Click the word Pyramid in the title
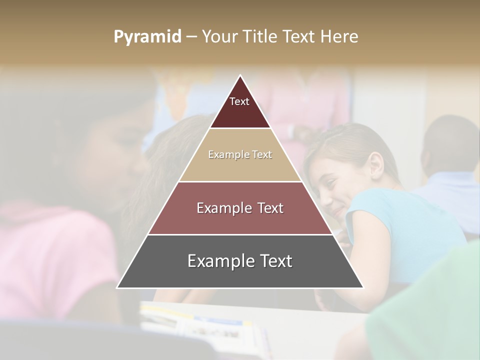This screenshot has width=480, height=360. [147, 36]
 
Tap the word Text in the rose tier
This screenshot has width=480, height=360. [270, 208]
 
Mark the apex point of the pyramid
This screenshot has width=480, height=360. [240, 76]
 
